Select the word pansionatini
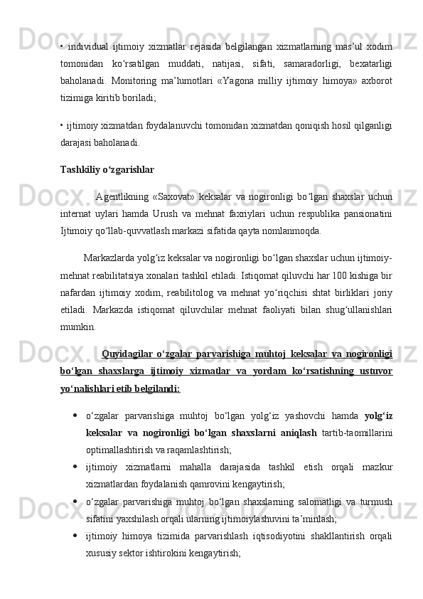coord(365,212)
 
